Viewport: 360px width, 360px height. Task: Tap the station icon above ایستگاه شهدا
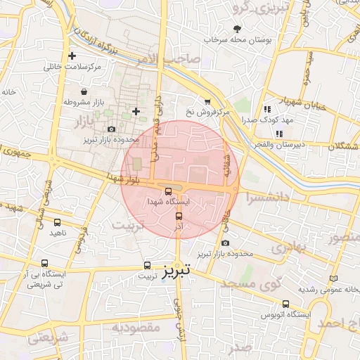(168, 191)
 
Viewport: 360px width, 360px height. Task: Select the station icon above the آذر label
(179, 216)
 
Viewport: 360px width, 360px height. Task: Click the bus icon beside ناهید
(57, 222)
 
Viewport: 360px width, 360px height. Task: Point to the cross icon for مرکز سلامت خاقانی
(72, 56)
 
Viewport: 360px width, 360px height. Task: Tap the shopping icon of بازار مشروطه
(84, 91)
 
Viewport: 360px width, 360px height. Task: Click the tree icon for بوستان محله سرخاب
(236, 29)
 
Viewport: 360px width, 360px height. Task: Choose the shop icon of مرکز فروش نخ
(207, 101)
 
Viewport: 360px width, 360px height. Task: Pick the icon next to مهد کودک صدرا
(266, 109)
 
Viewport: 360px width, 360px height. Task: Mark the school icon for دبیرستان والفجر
(279, 134)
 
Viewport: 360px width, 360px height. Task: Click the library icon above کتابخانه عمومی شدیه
(333, 279)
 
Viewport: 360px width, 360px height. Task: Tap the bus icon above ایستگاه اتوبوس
(285, 304)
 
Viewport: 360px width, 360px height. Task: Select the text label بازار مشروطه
(84, 103)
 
